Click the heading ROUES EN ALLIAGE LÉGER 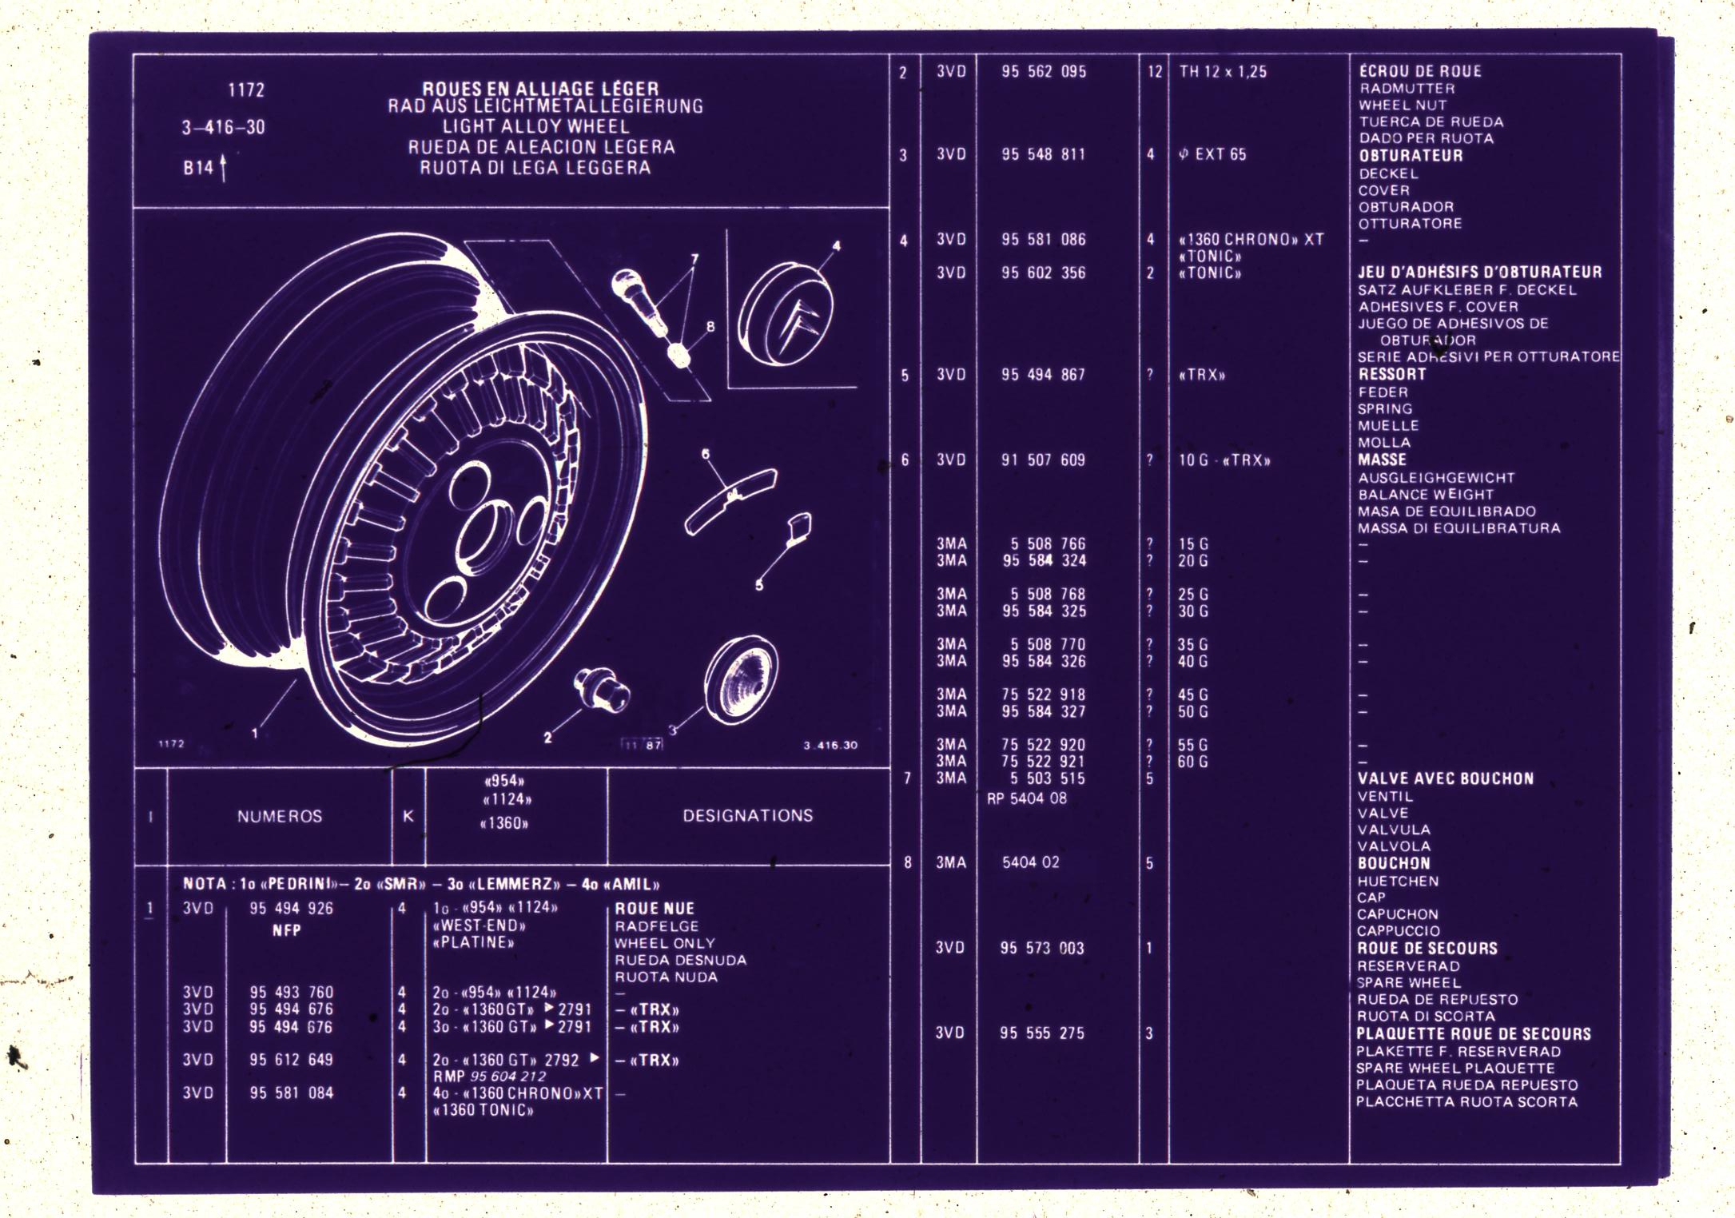tap(540, 88)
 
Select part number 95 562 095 tap(1044, 71)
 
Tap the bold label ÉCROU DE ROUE tap(1420, 71)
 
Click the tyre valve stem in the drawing tap(639, 302)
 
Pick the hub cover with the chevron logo tap(786, 314)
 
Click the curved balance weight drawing tap(730, 500)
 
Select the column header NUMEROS tap(279, 816)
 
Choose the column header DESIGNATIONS tap(747, 815)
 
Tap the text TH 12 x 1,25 tap(1223, 71)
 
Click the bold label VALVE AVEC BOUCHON tap(1445, 778)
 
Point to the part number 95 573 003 tap(1042, 948)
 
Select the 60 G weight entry tap(1192, 762)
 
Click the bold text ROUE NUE tap(654, 908)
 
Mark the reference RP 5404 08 tap(1026, 798)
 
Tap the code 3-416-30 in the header tap(223, 127)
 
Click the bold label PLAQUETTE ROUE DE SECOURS tap(1474, 1033)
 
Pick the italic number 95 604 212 tap(508, 1077)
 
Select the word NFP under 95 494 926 tap(286, 930)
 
